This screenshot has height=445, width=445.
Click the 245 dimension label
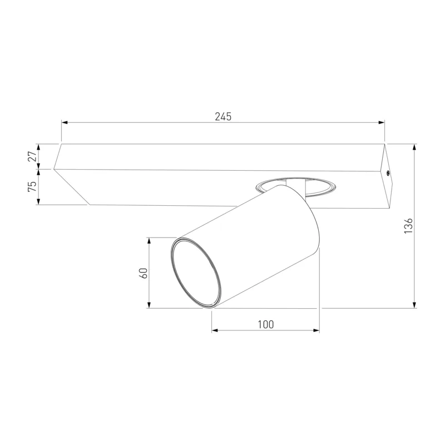223,116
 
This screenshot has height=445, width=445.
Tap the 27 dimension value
33,156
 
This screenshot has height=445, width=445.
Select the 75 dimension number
33,186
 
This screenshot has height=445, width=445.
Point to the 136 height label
408,226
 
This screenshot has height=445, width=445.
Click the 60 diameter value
144,273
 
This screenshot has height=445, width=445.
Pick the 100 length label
266,324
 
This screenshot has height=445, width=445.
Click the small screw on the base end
388,172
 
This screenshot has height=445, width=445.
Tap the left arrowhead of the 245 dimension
65,122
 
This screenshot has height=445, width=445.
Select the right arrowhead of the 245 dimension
382,122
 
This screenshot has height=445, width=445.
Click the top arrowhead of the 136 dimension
415,147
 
